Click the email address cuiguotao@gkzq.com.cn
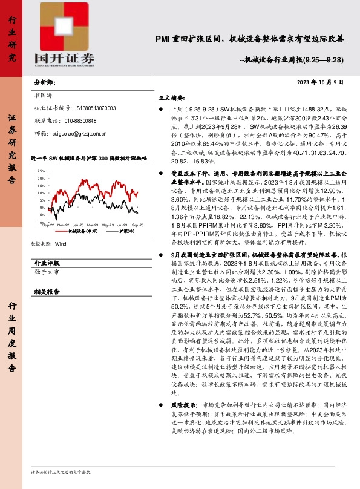[82, 133]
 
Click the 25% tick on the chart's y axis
[41, 171]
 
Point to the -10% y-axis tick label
[41, 222]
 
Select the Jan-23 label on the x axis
[78, 225]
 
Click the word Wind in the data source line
[61, 244]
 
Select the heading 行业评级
[47, 264]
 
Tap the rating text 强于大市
[48, 273]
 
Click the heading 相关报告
[47, 291]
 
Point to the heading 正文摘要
[171, 97]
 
